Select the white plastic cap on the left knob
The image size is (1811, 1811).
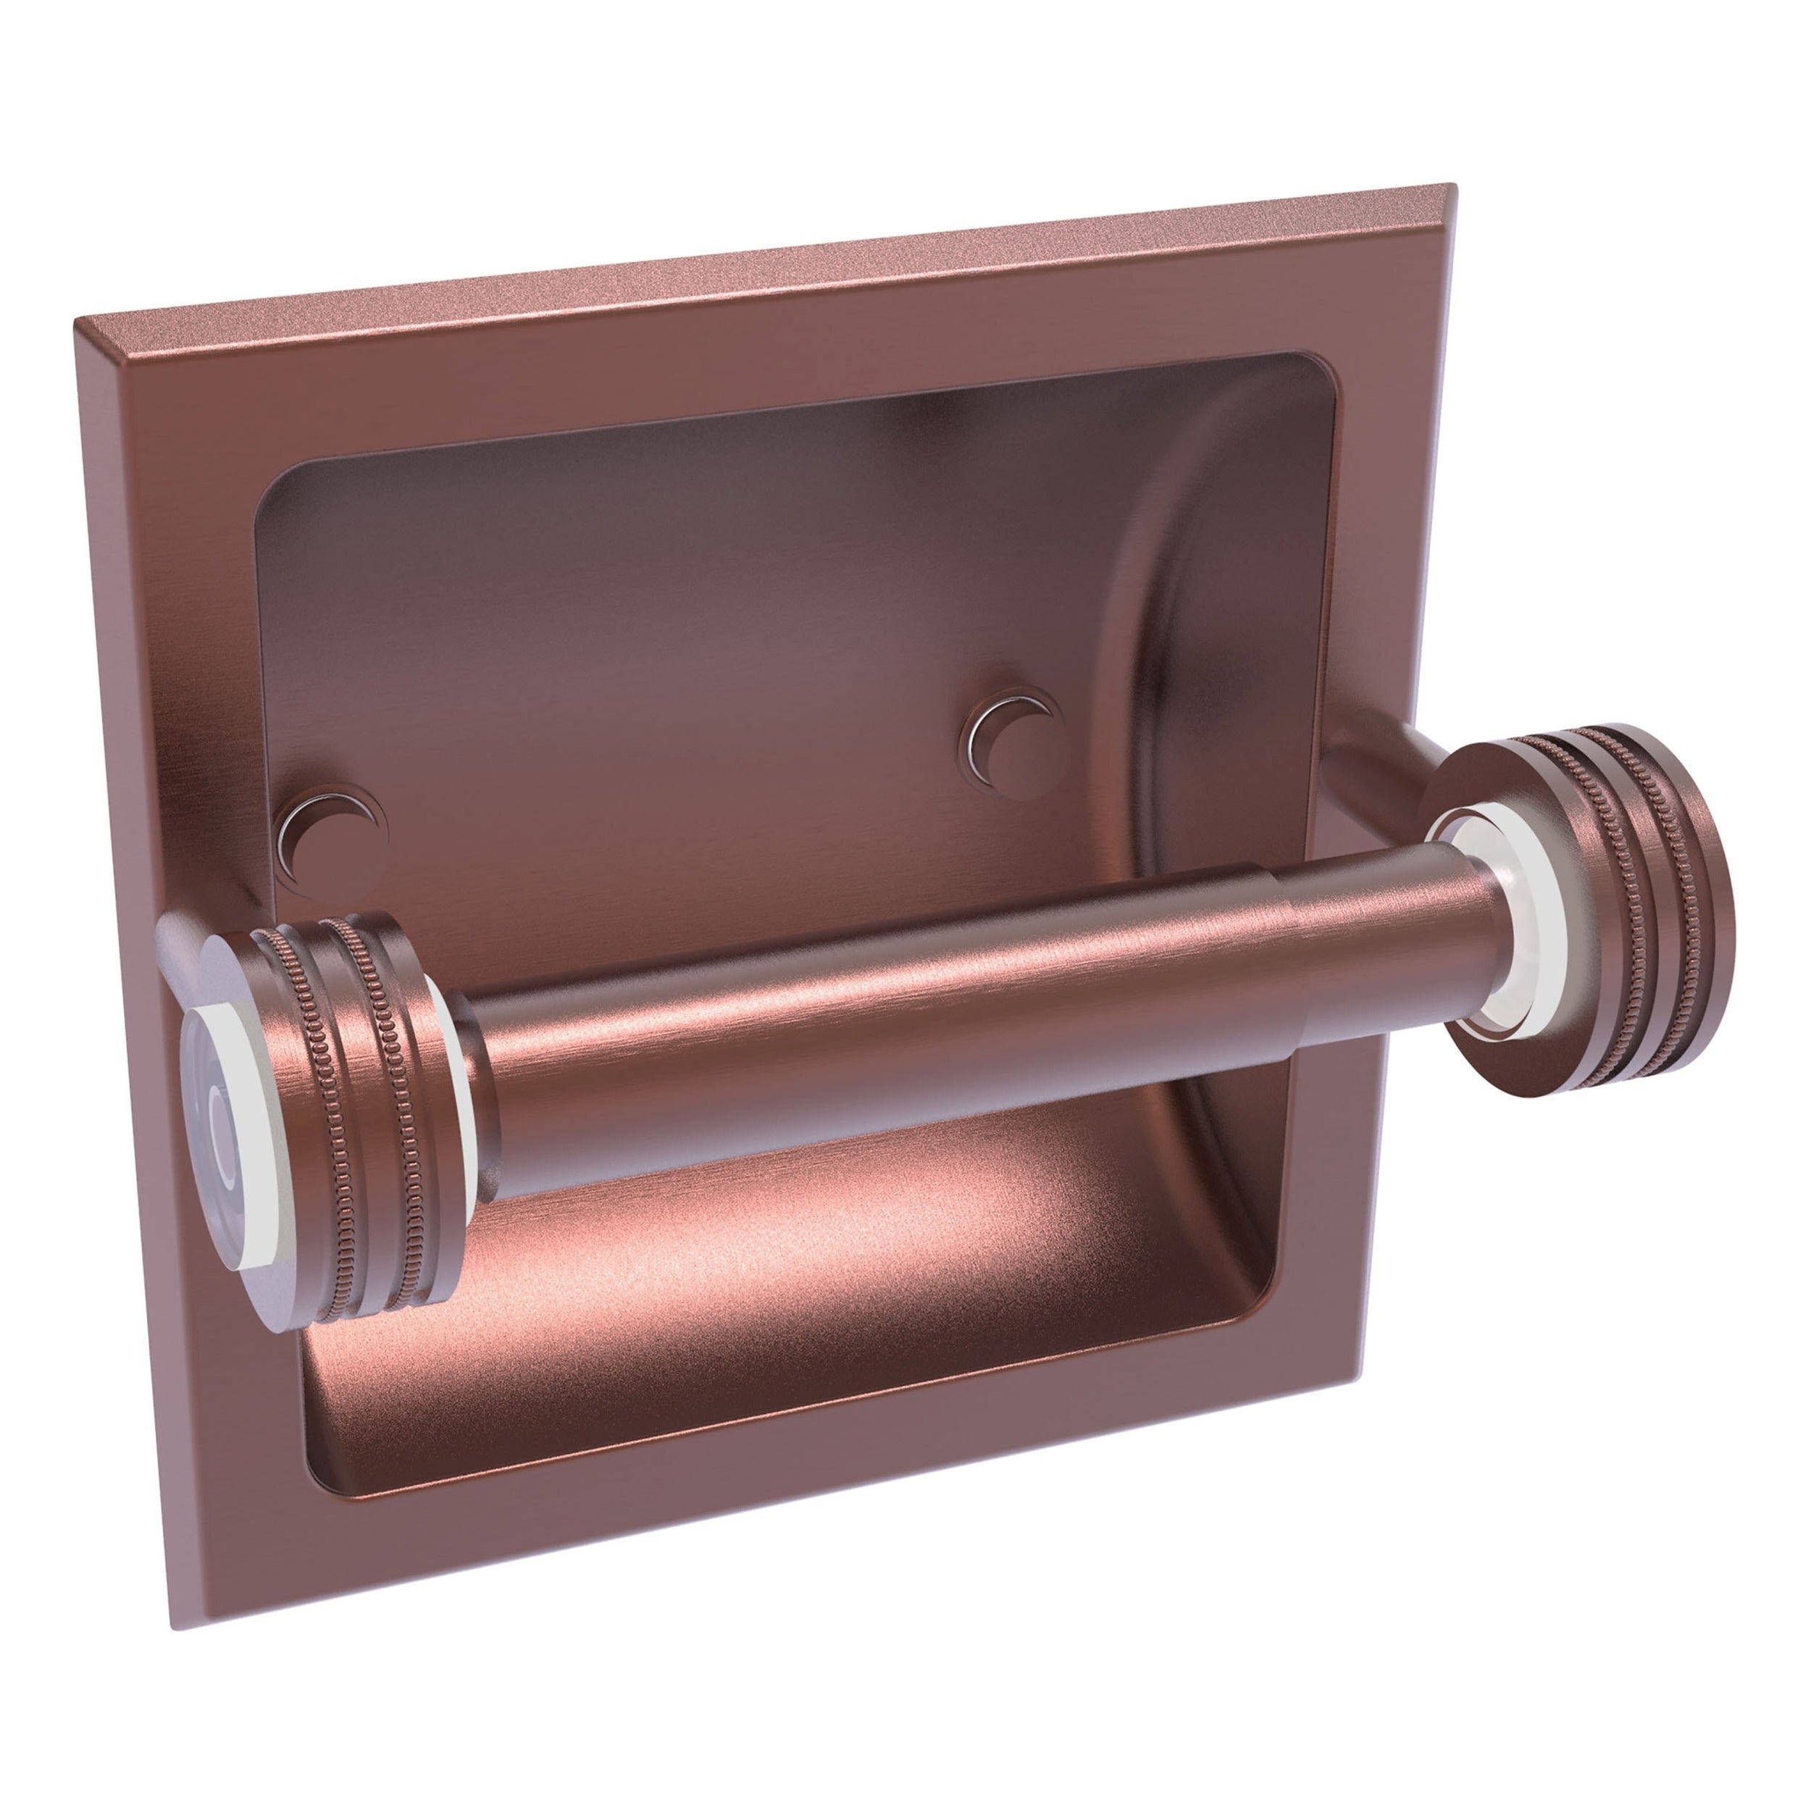[225, 1116]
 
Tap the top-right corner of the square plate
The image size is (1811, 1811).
[1453, 188]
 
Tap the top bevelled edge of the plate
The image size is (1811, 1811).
[750, 258]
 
